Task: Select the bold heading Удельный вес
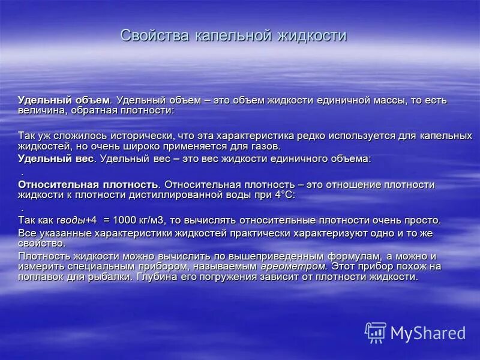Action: click(56, 159)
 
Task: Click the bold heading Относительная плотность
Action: click(88, 184)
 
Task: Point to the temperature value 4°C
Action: click(281, 195)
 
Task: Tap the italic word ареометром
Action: click(293, 266)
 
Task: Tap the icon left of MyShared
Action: click(376, 332)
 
